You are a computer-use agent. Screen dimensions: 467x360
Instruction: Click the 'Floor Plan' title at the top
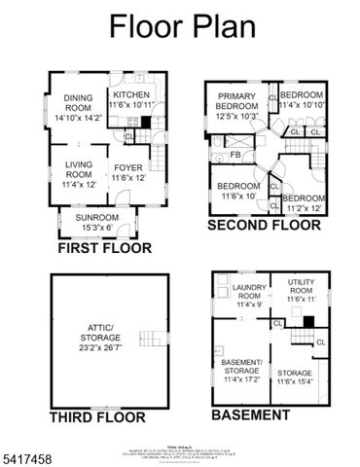(x=180, y=26)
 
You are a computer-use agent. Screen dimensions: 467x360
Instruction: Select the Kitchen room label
(x=132, y=99)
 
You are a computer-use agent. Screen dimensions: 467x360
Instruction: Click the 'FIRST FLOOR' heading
(x=104, y=248)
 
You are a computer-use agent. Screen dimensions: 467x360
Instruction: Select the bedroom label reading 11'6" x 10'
(x=238, y=191)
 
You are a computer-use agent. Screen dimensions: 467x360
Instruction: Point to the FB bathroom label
(x=235, y=155)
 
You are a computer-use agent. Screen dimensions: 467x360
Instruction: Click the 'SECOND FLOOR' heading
(x=264, y=226)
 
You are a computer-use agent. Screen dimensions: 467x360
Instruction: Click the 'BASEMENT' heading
(x=250, y=414)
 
